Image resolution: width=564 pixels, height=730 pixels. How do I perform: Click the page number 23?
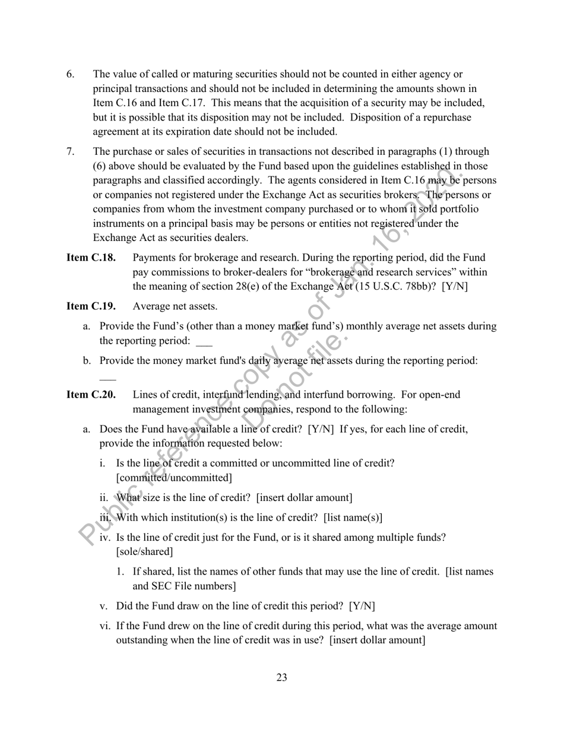[x=281, y=678]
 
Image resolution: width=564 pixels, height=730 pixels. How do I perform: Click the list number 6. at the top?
[x=70, y=74]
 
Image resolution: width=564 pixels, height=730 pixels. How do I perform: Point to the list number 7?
[x=70, y=152]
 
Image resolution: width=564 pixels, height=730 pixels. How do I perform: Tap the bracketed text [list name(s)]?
[x=353, y=518]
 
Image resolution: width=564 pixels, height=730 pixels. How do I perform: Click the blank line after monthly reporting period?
[x=204, y=344]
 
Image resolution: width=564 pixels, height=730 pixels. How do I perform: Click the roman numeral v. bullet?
[x=103, y=607]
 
